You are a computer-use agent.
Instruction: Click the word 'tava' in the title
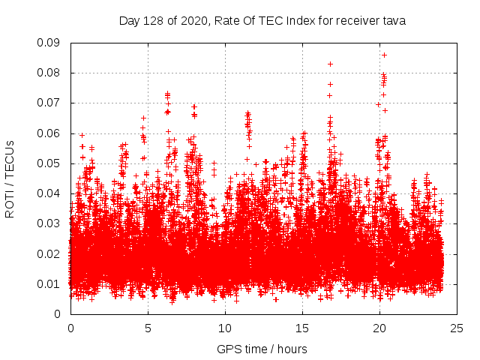394,21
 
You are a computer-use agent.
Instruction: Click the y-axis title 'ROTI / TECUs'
10,178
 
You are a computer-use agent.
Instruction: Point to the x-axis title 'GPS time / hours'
262,349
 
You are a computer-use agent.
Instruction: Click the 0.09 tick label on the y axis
49,43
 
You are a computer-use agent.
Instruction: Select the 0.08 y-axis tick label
49,73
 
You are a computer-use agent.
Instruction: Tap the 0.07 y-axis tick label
49,103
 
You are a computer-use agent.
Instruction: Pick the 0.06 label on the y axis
49,133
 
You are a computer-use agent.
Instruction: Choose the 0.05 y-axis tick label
49,163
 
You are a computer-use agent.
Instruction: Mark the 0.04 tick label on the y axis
49,193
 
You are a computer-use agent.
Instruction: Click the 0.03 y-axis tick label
49,223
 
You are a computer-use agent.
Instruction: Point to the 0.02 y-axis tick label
49,253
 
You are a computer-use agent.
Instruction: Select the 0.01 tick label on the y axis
49,283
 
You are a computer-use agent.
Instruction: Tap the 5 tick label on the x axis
148,328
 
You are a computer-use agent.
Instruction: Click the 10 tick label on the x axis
225,328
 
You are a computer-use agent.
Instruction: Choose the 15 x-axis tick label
302,328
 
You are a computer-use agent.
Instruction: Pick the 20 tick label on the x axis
379,328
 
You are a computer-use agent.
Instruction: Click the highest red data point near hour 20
384,55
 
